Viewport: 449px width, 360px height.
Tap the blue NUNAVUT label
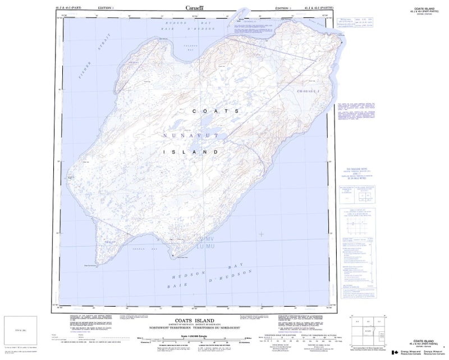187,136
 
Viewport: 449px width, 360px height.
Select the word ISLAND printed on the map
191,152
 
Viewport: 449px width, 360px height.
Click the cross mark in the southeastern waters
261,234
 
